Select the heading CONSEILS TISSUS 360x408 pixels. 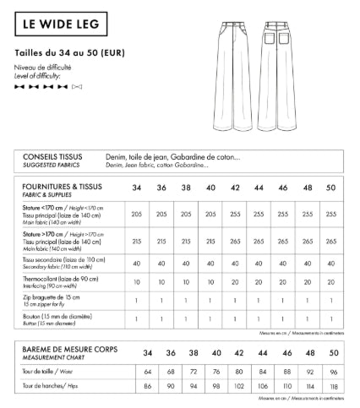[x=52, y=156]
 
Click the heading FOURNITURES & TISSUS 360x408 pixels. [x=64, y=185]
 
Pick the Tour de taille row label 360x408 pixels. [x=43, y=371]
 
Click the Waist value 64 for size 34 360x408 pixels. [x=148, y=371]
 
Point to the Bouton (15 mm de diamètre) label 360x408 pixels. [x=61, y=315]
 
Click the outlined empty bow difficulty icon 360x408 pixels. [x=77, y=86]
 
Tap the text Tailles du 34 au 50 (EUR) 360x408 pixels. [x=71, y=52]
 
